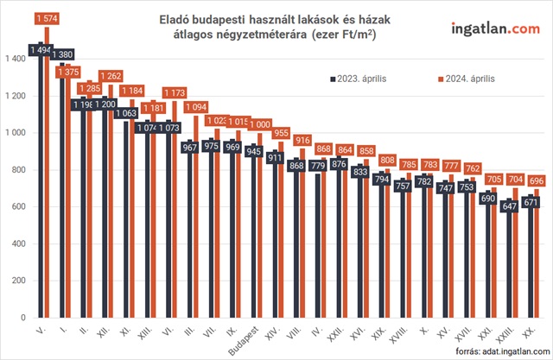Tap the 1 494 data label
[40, 50]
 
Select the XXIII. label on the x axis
[512, 335]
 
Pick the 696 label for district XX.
[537, 180]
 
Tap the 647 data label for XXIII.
[509, 206]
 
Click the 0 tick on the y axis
[24, 319]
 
